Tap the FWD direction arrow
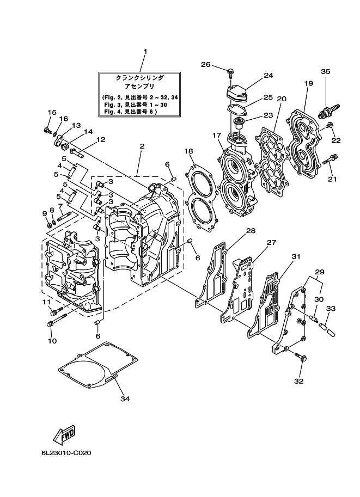tap(64, 436)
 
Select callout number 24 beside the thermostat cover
tap(268, 76)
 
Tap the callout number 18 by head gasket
tap(188, 151)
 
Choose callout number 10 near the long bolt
tap(52, 341)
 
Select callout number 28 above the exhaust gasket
tap(250, 231)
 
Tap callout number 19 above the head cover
tap(308, 83)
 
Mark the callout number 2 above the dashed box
tap(141, 146)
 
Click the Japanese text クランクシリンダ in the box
tap(141, 79)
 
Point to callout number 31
tap(296, 256)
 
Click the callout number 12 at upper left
tap(100, 140)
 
